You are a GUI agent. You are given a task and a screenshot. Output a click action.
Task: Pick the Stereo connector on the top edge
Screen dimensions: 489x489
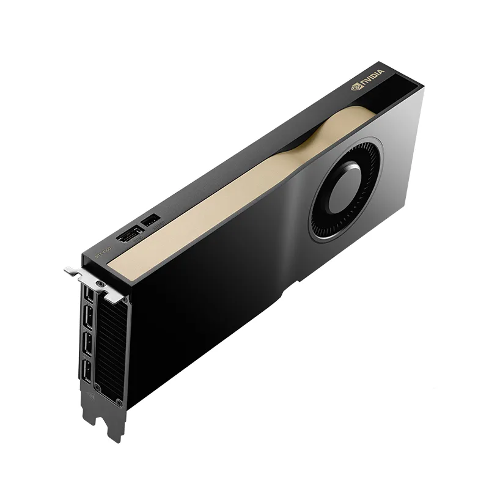[x=150, y=218]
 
